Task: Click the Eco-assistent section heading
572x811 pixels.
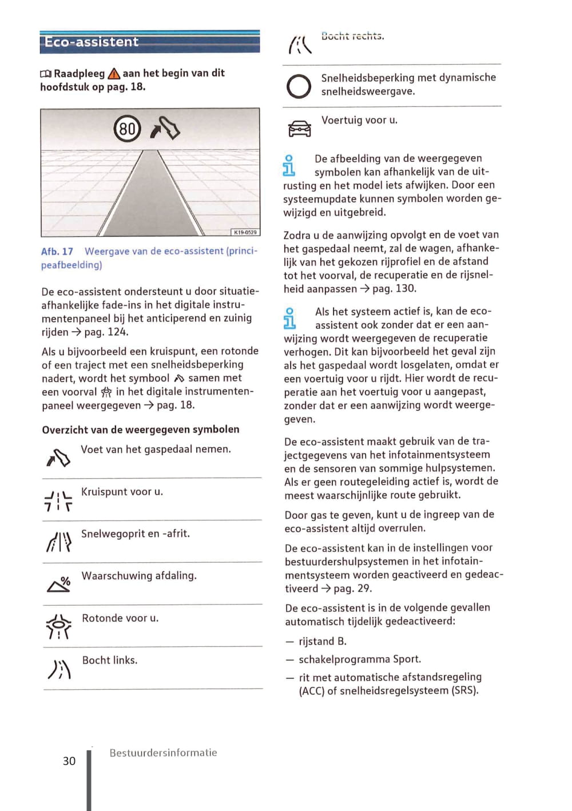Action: [x=92, y=42]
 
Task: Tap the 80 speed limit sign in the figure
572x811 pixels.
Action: [x=127, y=129]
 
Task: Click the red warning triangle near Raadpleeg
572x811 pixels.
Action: [x=114, y=74]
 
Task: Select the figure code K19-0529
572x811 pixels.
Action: [x=245, y=232]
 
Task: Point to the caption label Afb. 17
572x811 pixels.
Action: [x=57, y=252]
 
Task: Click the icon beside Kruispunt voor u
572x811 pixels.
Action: [x=58, y=500]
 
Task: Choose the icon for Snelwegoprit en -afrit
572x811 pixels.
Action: [x=58, y=542]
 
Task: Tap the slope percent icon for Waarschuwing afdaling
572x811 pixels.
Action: [x=59, y=584]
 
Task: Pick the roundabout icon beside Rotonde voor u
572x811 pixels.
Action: [x=58, y=626]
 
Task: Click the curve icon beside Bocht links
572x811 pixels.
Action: [x=59, y=669]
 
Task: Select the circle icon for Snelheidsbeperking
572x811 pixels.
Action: [x=299, y=86]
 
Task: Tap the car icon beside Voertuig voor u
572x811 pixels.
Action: [x=300, y=129]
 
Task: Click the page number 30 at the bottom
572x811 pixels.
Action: [x=69, y=761]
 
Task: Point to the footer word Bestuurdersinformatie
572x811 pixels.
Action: [x=163, y=753]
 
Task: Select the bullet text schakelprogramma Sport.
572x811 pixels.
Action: [x=360, y=659]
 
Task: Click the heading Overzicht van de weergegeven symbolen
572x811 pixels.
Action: [x=141, y=430]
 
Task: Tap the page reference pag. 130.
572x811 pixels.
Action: [x=394, y=289]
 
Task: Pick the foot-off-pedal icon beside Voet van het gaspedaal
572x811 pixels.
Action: [x=58, y=458]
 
